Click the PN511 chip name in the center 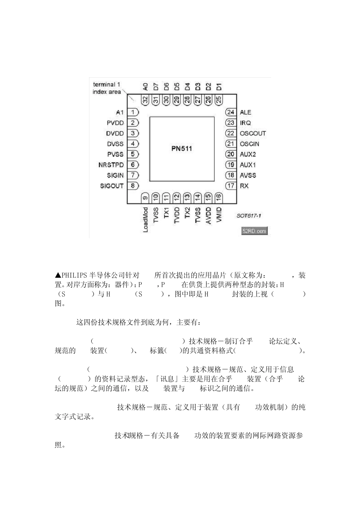click(182, 148)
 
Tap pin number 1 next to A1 click(133, 112)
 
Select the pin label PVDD click(115, 123)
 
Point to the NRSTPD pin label click(111, 165)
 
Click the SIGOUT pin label click(112, 186)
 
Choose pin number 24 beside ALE click(230, 112)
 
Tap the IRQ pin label click(245, 123)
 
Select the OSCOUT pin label click(253, 133)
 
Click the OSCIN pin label click(249, 144)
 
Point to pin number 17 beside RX click(230, 186)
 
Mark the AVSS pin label click(248, 175)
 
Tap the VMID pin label click(219, 215)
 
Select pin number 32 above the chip click(145, 100)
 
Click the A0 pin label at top click(145, 87)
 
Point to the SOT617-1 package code click(249, 216)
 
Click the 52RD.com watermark click(254, 231)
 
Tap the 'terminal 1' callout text click(106, 85)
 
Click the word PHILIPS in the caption click(75, 275)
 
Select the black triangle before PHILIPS click(58, 275)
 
